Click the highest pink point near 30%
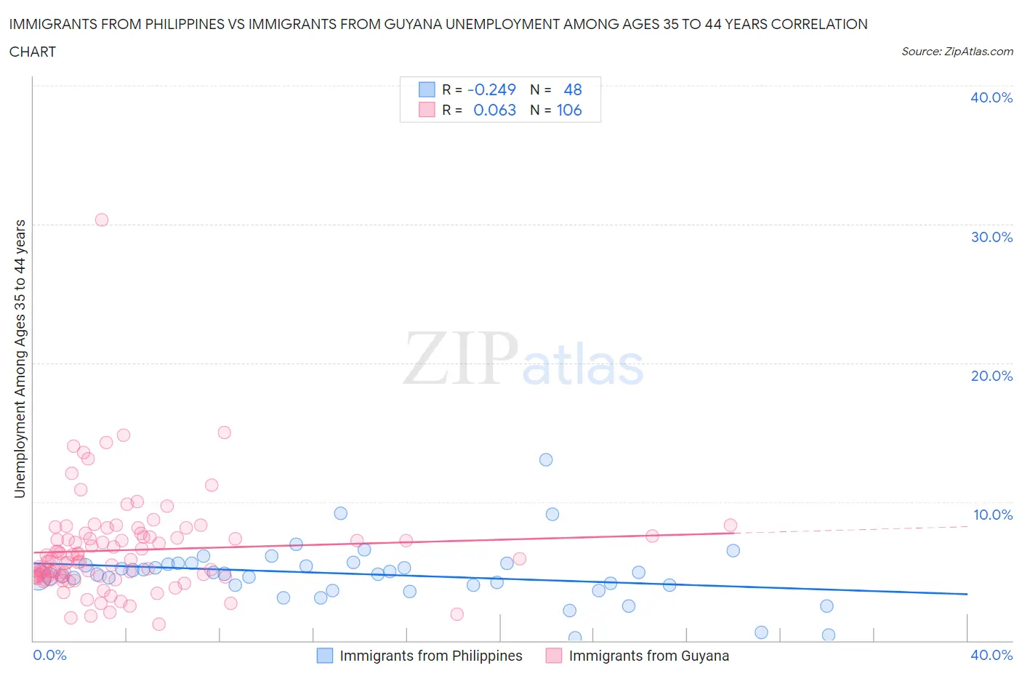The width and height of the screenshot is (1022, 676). (102, 220)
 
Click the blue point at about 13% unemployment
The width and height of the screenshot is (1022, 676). (546, 459)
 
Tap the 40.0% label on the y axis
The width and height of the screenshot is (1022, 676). (991, 97)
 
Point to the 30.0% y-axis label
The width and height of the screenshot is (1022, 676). (991, 237)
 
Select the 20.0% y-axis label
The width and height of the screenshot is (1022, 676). (991, 376)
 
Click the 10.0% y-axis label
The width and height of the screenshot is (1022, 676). (992, 515)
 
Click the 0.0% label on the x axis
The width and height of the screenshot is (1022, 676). (49, 655)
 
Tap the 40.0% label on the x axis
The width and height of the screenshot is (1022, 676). (991, 655)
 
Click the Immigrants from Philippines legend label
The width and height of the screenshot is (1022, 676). (430, 656)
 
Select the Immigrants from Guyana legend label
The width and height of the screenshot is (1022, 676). (648, 656)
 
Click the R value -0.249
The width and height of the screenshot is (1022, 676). (491, 89)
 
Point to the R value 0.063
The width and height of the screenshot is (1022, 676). (494, 110)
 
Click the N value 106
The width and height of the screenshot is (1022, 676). (569, 110)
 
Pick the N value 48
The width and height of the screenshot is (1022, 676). (573, 89)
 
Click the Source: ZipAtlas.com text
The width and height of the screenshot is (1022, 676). (957, 51)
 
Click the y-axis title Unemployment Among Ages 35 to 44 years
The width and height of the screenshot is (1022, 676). (20, 358)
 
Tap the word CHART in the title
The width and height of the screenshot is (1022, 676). (33, 52)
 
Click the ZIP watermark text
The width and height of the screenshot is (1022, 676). (461, 358)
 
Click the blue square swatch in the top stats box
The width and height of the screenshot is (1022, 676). (427, 89)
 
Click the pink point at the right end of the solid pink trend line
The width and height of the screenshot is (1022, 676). (731, 525)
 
